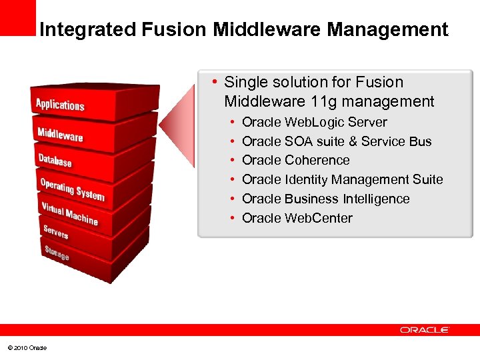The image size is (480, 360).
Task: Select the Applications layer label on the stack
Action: coord(60,105)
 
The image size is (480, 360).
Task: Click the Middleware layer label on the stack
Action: coord(60,133)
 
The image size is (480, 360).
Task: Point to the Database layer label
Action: coord(55,160)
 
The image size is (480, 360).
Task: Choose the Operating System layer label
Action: coord(72,189)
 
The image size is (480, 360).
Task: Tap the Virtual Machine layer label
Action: coord(69,213)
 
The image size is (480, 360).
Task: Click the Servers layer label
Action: coord(55,232)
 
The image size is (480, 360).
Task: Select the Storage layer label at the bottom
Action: coord(57,253)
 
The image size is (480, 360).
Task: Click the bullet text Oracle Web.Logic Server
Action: coord(314,123)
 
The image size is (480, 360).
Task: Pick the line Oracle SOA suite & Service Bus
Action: coord(337,142)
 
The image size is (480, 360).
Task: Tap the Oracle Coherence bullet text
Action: coord(295,161)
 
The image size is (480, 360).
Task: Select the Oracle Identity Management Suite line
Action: coord(342,180)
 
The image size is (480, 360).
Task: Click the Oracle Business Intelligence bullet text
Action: coord(325,199)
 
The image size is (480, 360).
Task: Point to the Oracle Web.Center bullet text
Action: coord(297,219)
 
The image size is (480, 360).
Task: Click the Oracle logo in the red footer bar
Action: coord(425,330)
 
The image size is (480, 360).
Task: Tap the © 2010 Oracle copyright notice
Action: coord(27,348)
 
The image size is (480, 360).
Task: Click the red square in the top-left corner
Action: coord(17,17)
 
